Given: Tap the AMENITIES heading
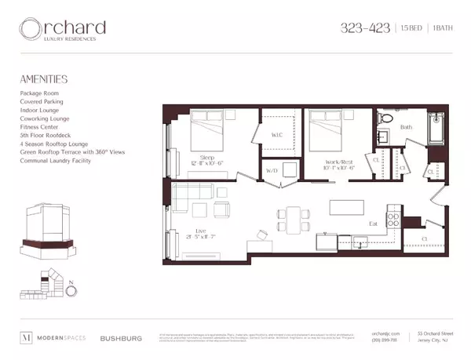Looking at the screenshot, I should click(x=45, y=79).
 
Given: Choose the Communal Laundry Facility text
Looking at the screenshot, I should click(x=56, y=161).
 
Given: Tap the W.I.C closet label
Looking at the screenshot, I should click(x=276, y=135).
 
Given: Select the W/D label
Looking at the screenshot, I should click(x=272, y=169).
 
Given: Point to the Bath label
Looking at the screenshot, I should click(x=405, y=126).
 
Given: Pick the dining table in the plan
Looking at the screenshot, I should click(x=294, y=215).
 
